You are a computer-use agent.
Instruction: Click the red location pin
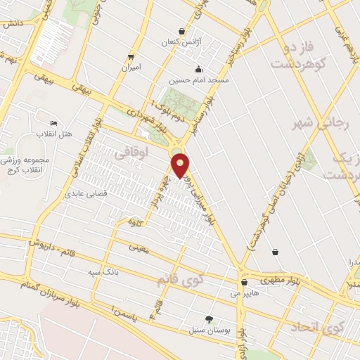pyautogui.click(x=181, y=165)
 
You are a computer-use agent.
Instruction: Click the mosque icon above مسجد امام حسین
pyautogui.click(x=199, y=69)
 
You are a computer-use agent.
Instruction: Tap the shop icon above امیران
pyautogui.click(x=131, y=57)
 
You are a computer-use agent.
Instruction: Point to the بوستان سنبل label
pyautogui.click(x=207, y=329)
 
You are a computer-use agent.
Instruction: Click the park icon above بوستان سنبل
pyautogui.click(x=208, y=318)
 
